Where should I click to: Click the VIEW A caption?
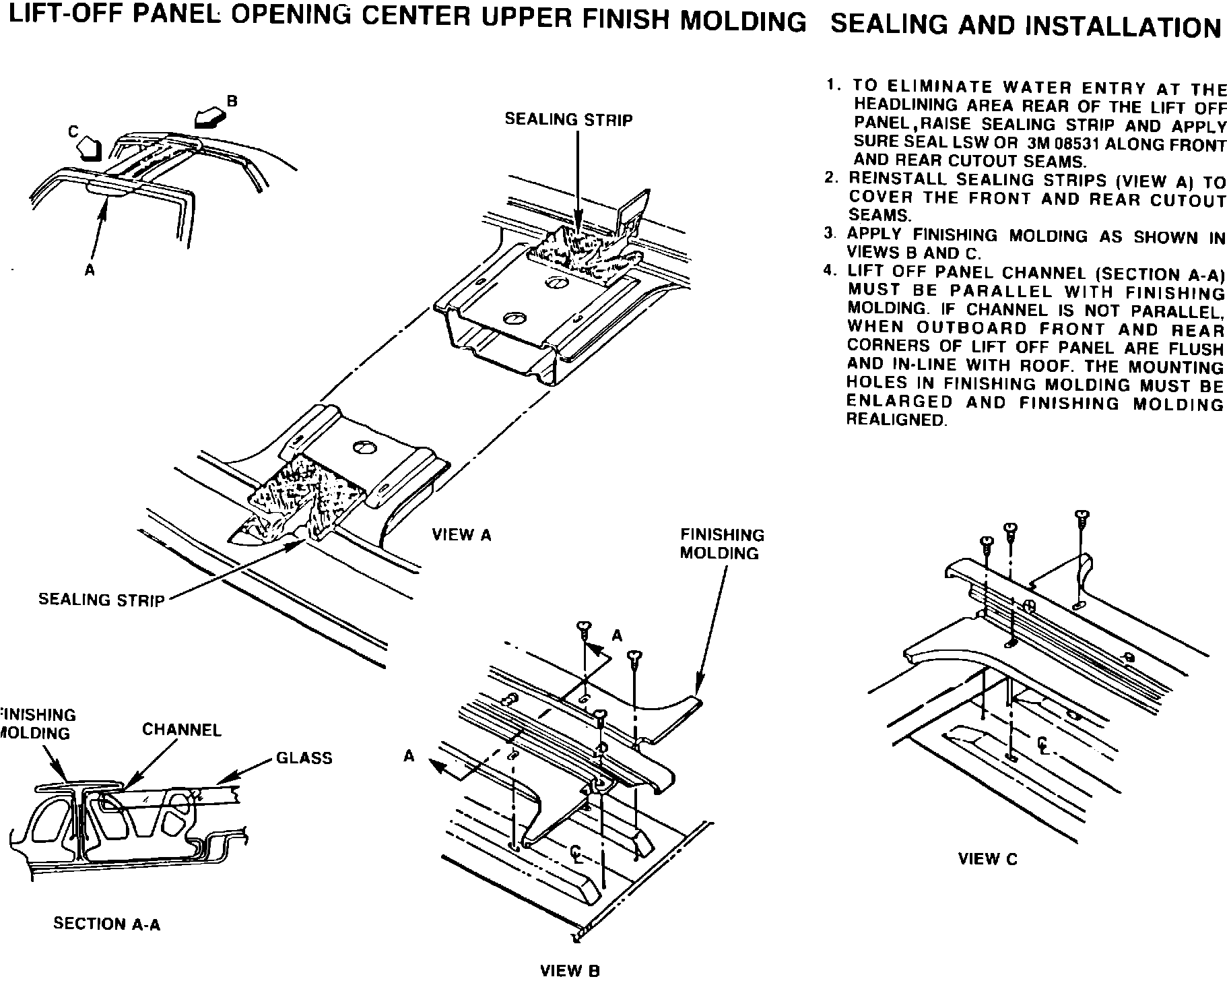461,535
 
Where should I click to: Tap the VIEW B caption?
570,971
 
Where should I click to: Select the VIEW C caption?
988,859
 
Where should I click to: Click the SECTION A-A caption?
107,924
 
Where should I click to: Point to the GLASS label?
304,758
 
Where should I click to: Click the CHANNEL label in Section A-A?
182,730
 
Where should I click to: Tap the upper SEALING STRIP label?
569,120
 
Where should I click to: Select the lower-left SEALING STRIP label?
102,600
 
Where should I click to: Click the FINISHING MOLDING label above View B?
722,544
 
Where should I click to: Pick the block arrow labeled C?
88,148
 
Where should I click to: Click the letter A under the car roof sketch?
90,270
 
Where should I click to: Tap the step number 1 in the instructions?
833,86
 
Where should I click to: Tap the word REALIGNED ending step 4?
896,420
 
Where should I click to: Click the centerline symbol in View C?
1042,744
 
